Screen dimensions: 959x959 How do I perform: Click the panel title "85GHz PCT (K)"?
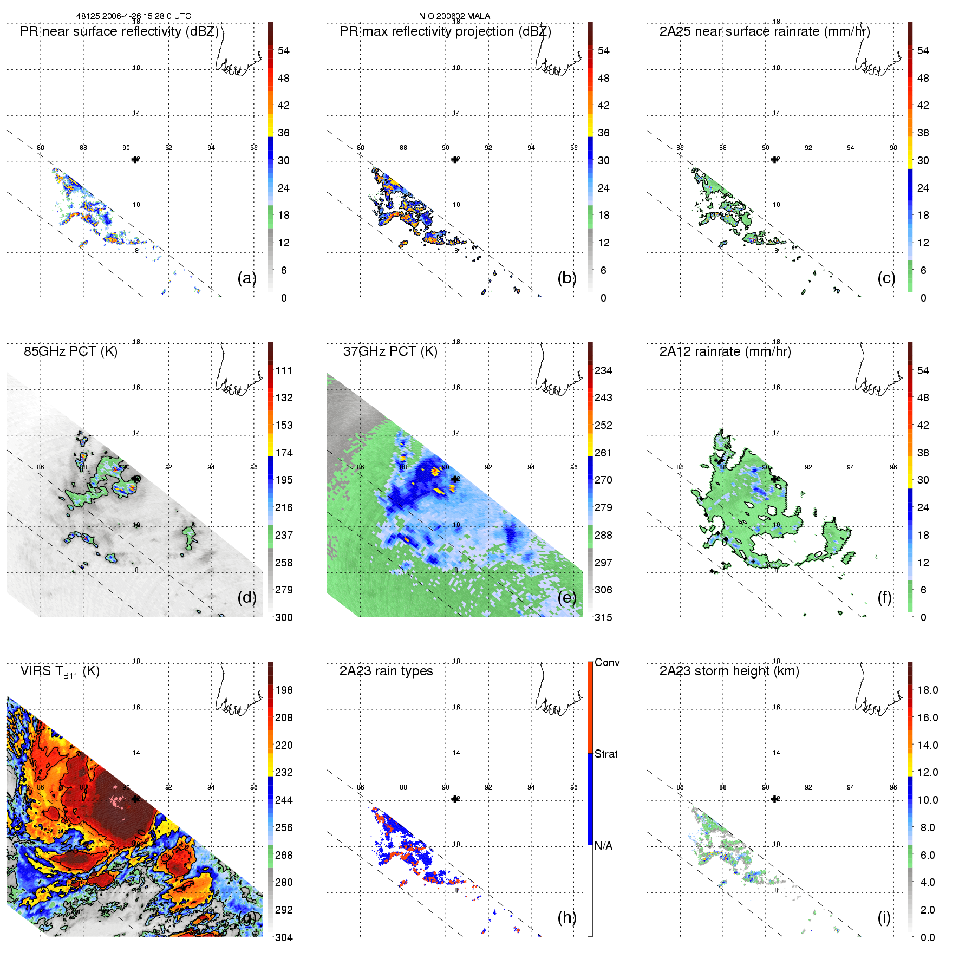(x=70, y=351)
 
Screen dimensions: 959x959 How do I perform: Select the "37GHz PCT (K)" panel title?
(x=390, y=351)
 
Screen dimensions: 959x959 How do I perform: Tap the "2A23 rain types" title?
(x=386, y=671)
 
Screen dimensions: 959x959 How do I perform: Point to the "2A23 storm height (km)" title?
(x=729, y=671)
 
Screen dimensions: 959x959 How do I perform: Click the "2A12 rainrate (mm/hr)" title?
(x=725, y=351)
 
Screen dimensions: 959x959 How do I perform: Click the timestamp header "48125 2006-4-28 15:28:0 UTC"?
(x=133, y=16)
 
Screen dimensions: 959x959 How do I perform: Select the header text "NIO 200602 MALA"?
(x=454, y=16)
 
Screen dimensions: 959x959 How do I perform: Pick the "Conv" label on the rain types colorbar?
(x=607, y=662)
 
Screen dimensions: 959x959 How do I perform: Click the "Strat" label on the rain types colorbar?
(x=606, y=754)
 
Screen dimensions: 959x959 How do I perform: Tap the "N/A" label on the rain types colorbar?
(x=603, y=846)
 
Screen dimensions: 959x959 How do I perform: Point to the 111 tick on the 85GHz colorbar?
(x=284, y=370)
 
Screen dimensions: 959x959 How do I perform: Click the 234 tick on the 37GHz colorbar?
(x=603, y=370)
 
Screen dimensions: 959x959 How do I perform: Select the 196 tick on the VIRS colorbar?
(x=284, y=690)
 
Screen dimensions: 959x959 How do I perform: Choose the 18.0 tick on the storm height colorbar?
(x=927, y=690)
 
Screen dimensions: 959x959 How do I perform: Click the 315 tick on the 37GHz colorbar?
(x=603, y=617)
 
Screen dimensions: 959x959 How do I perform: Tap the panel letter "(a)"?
(x=247, y=278)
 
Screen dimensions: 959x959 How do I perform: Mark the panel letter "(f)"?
(x=884, y=597)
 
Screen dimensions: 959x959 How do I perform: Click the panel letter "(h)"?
(x=567, y=917)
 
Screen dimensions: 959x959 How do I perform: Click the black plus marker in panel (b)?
(x=455, y=159)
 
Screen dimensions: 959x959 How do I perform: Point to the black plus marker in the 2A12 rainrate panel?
(x=774, y=479)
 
